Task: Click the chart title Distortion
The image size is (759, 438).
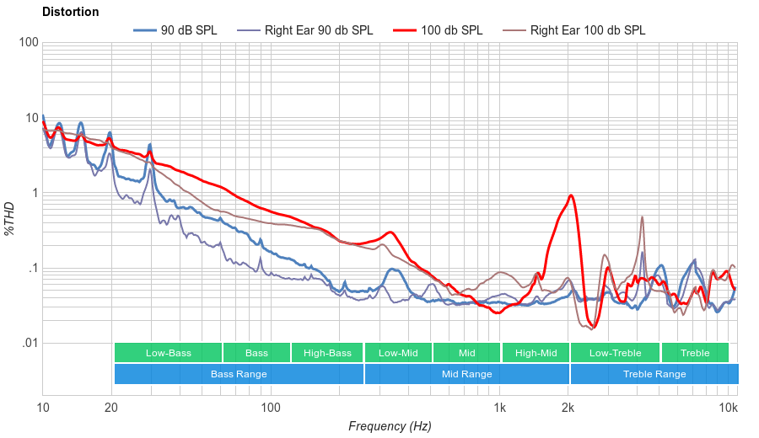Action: click(70, 12)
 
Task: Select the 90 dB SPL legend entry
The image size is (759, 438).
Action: click(175, 30)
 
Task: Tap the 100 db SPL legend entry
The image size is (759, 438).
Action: click(438, 30)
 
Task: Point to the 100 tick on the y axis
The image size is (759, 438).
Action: click(29, 43)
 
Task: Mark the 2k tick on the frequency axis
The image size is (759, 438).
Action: click(568, 408)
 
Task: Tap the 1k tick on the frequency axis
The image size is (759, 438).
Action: click(499, 408)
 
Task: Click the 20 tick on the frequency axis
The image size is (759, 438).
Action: click(111, 408)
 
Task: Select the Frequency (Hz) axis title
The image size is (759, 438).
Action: click(390, 426)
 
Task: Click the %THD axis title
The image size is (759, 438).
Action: click(11, 218)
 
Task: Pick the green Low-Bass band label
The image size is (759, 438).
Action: click(168, 353)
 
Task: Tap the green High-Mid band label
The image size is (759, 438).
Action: click(536, 353)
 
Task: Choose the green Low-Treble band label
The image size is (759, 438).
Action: click(615, 353)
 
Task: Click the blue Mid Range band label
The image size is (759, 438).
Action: click(466, 374)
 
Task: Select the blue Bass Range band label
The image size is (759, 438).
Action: click(239, 374)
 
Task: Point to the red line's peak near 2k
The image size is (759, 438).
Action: click(572, 195)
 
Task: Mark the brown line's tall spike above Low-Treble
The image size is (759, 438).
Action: click(643, 217)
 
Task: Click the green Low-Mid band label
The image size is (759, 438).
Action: click(398, 353)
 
